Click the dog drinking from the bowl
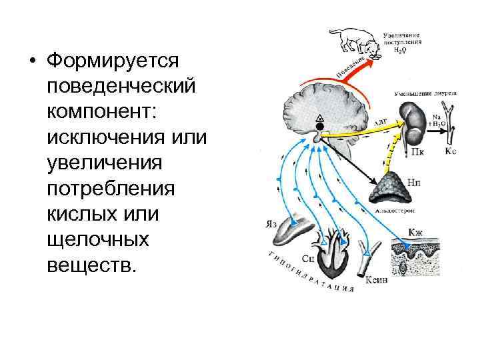351,41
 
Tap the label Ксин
376,281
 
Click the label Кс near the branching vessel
451,152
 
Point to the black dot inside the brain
319,126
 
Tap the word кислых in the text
78,215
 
